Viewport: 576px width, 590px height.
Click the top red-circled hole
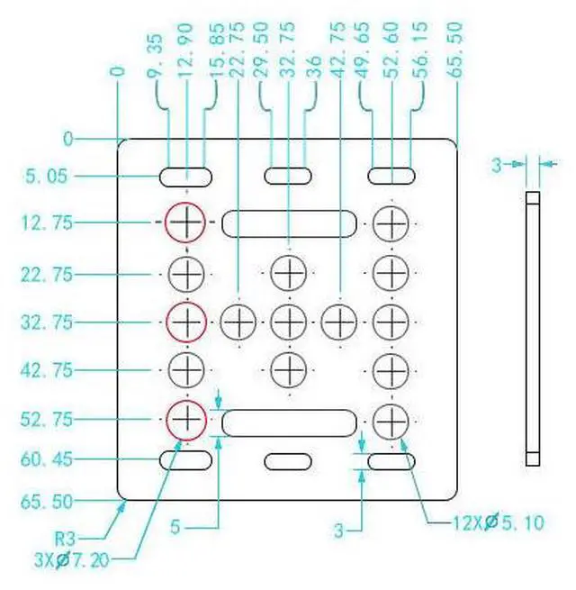(185, 222)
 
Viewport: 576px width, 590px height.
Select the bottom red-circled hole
(185, 418)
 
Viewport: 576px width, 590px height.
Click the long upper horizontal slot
(288, 222)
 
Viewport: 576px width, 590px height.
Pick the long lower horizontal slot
(288, 422)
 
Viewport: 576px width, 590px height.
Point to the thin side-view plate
(532, 329)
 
